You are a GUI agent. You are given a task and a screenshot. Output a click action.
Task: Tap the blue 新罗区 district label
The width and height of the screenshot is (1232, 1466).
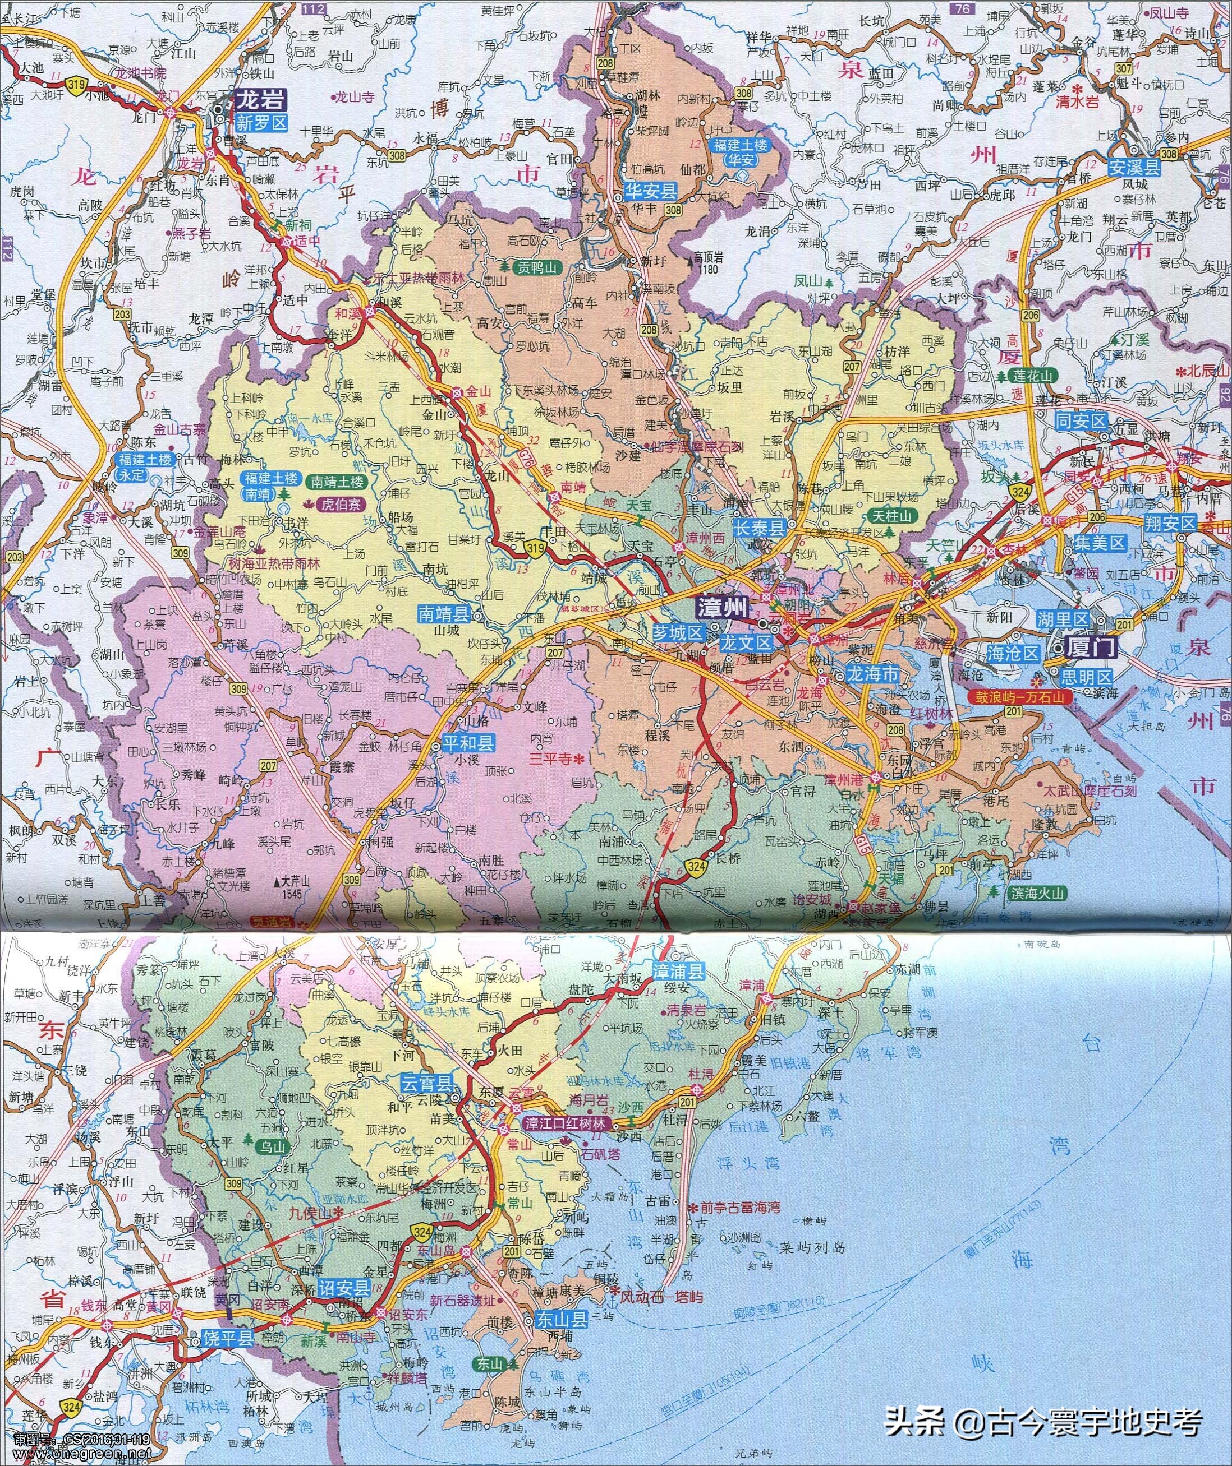(x=262, y=123)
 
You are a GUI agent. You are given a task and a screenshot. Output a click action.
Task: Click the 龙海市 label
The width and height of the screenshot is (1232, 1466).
(x=872, y=674)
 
